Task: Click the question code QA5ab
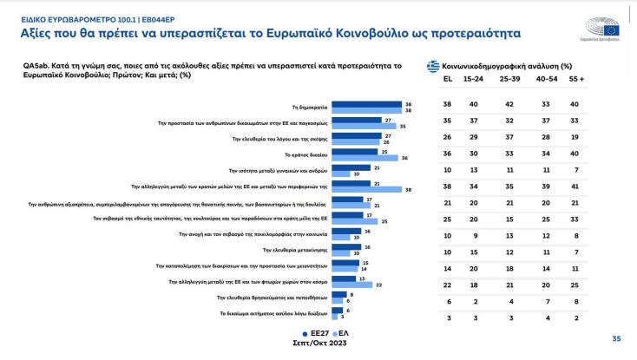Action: coord(35,65)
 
